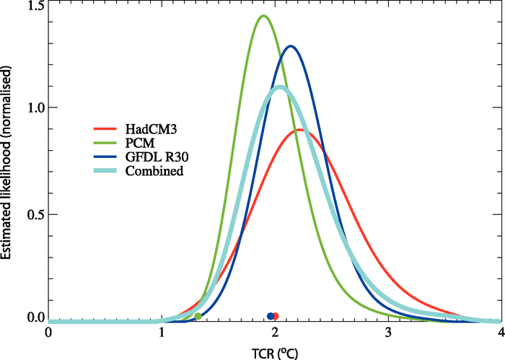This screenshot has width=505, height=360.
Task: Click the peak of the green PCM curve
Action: tap(263, 16)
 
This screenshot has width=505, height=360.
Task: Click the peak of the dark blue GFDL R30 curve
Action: tap(291, 47)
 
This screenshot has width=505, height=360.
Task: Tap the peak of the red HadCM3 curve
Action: tap(299, 130)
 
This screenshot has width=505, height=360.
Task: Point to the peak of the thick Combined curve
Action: tap(279, 88)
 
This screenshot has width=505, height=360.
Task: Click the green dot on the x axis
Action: tap(198, 316)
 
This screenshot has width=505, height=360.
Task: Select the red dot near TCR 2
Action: tap(276, 316)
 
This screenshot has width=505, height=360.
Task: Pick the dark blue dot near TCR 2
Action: tap(271, 316)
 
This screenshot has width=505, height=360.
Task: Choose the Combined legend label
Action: tap(154, 171)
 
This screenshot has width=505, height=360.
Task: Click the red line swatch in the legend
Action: tap(107, 129)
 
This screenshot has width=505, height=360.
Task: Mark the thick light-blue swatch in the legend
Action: tap(107, 172)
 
